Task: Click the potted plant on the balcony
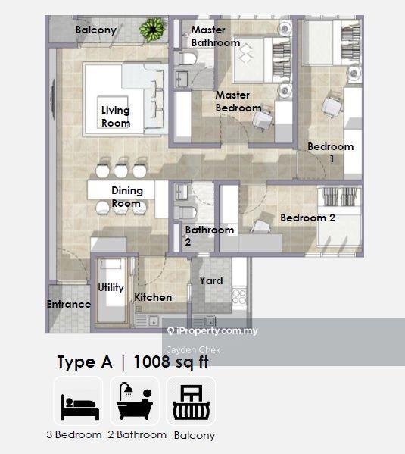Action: [x=152, y=30]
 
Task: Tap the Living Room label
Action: [x=116, y=117]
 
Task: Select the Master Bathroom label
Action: [x=216, y=36]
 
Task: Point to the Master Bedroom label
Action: [x=238, y=102]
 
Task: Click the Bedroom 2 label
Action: [x=307, y=218]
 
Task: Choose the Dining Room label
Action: [x=127, y=197]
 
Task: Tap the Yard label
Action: [x=211, y=280]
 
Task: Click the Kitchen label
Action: [x=153, y=297]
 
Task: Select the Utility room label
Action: [x=111, y=287]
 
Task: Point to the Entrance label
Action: [x=69, y=304]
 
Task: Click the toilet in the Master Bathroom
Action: [x=186, y=59]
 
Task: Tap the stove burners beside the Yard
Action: [x=239, y=296]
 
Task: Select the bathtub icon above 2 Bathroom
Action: [x=135, y=401]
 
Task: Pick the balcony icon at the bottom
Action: [x=192, y=402]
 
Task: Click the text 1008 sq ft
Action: [x=171, y=362]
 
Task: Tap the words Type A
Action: [x=85, y=362]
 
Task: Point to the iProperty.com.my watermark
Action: [x=213, y=330]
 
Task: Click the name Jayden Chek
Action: [x=194, y=350]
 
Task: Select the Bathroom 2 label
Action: [x=210, y=236]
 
